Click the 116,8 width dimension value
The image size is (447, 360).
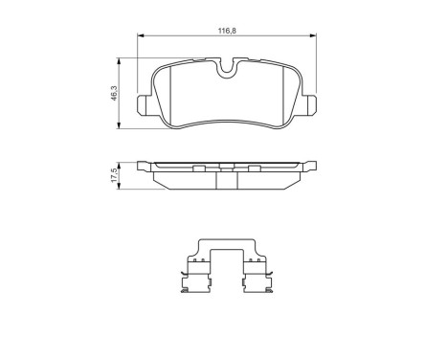coord(226,32)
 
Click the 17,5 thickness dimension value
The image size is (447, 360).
coord(113,174)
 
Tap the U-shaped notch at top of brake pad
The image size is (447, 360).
coord(226,68)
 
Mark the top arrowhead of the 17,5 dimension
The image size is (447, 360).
coord(120,162)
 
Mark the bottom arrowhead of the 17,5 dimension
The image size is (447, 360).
coord(120,187)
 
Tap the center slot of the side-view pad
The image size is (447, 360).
coord(227,170)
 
